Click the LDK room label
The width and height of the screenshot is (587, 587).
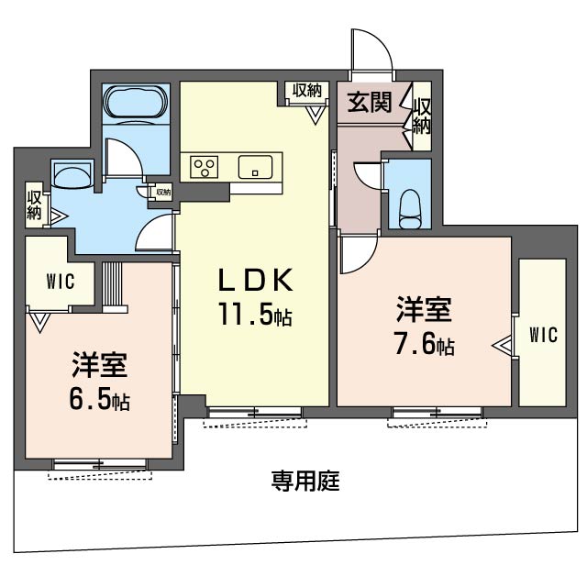255,281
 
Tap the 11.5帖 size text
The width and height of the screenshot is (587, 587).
255,314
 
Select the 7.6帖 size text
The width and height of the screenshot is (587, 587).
424,344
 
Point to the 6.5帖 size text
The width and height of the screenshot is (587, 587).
99,400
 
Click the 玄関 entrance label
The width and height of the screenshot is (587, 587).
370,102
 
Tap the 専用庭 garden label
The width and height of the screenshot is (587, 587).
305,481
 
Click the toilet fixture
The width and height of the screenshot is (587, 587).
410,209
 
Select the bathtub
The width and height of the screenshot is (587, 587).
136,104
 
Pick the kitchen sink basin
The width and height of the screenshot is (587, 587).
255,167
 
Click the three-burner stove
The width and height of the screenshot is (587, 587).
204,167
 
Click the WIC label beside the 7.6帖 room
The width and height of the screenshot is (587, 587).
543,334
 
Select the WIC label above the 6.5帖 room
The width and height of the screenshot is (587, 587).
61,282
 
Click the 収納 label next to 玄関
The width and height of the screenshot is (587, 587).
422,116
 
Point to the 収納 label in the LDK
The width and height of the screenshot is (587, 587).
307,90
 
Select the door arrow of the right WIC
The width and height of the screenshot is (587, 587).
503,347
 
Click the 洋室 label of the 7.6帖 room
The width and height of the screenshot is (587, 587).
424,309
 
